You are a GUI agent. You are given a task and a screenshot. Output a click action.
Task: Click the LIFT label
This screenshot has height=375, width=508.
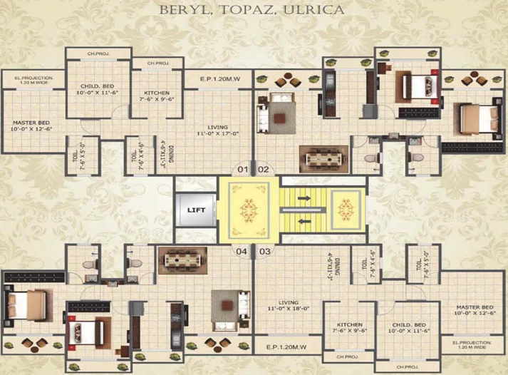point(196,210)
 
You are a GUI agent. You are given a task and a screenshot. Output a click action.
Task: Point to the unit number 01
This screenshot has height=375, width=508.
point(243,170)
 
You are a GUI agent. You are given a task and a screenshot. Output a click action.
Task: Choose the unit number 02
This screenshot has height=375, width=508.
point(263,170)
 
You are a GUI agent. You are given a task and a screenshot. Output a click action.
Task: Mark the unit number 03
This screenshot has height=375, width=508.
point(264,252)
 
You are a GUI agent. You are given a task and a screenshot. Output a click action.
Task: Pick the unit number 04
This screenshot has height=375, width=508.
point(243,252)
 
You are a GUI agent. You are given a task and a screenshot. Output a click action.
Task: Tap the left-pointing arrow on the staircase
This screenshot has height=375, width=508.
point(304,222)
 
